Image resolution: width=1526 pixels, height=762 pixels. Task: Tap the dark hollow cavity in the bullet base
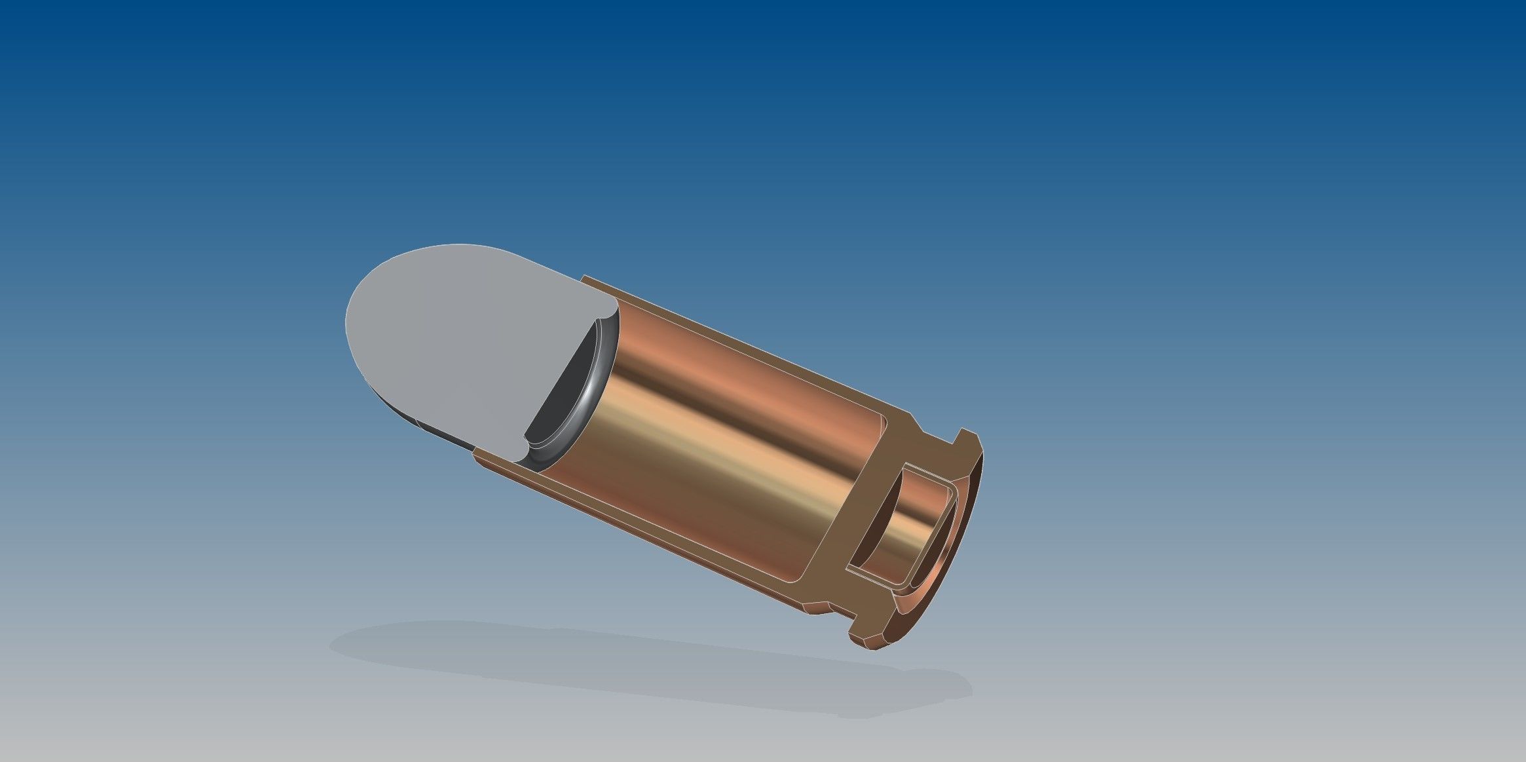pos(567,387)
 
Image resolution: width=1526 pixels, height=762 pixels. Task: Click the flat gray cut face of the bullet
pos(458,341)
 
